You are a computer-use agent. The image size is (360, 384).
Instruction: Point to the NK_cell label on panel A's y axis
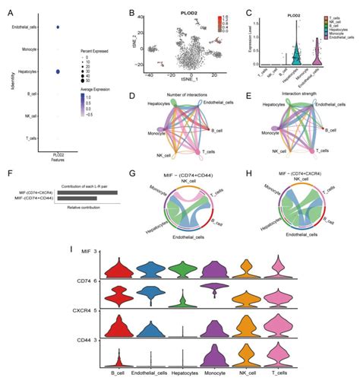28,116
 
